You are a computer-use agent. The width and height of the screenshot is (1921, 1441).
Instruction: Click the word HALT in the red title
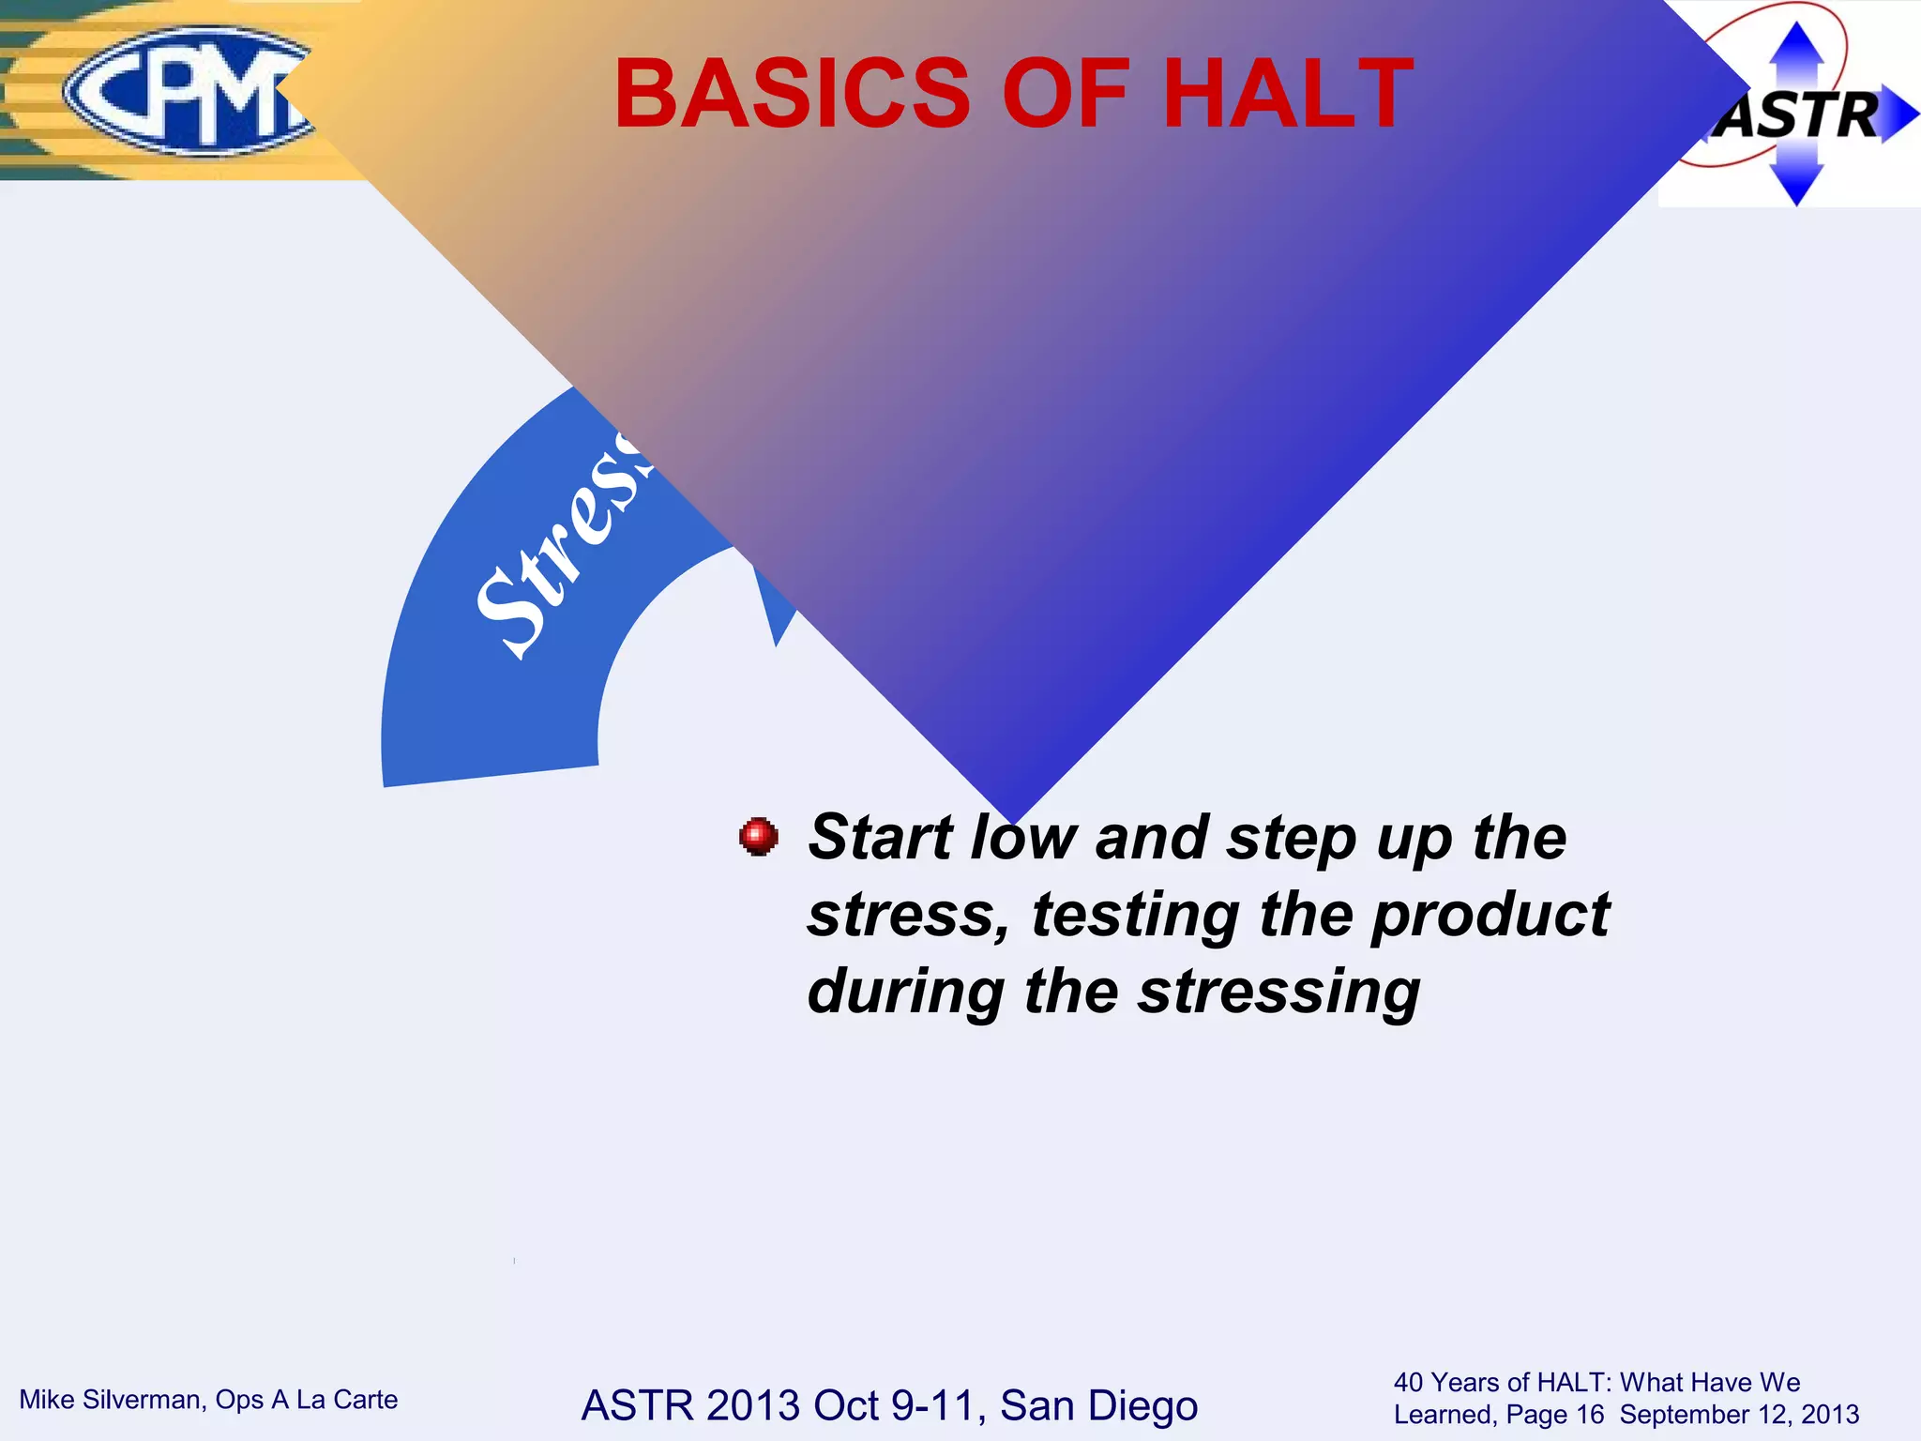coord(1287,94)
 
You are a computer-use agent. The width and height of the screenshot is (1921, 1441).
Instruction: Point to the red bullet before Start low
coord(758,836)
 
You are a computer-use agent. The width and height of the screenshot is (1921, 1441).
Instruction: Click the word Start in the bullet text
coord(882,837)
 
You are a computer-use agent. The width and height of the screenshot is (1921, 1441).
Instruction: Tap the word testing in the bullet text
coord(1135,915)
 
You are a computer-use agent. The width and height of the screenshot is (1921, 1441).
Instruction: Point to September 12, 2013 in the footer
coord(1739,1415)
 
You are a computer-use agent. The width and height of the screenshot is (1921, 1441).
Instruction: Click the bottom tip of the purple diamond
coord(1015,818)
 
